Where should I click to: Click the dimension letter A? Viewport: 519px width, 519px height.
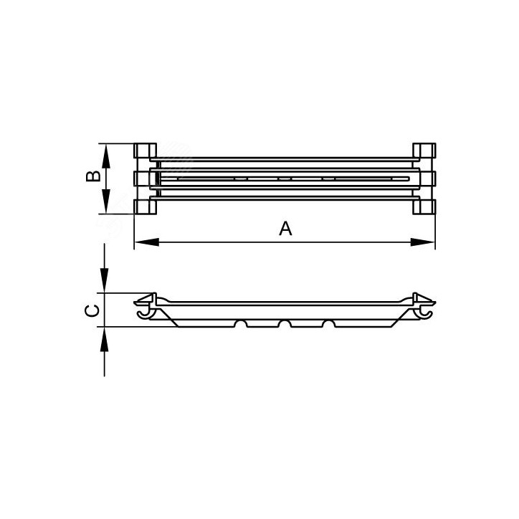(285, 229)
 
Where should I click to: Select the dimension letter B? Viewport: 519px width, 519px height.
(93, 176)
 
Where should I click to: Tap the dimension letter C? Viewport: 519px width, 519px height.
(92, 310)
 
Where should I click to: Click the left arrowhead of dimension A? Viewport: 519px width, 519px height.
(147, 242)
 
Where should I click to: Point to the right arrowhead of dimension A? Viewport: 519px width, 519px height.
(422, 242)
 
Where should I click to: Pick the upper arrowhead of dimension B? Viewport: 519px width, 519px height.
(105, 156)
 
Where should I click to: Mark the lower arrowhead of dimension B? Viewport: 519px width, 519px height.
(105, 201)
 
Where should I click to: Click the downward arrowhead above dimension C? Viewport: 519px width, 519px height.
(105, 280)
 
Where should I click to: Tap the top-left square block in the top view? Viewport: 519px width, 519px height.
(145, 151)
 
